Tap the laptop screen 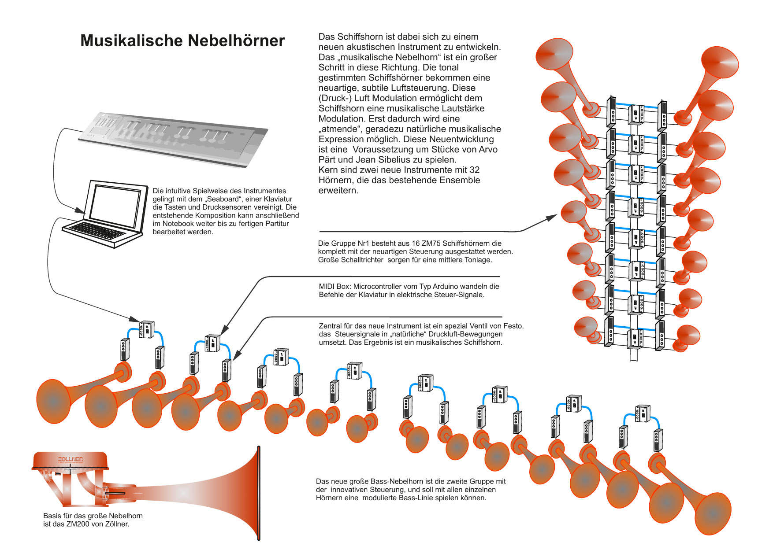117,203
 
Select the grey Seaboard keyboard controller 172,136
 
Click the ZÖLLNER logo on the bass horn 71,460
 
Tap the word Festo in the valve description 514,326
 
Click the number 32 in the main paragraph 475,170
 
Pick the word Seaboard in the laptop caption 223,199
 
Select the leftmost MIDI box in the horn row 146,328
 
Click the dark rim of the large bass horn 259,493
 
